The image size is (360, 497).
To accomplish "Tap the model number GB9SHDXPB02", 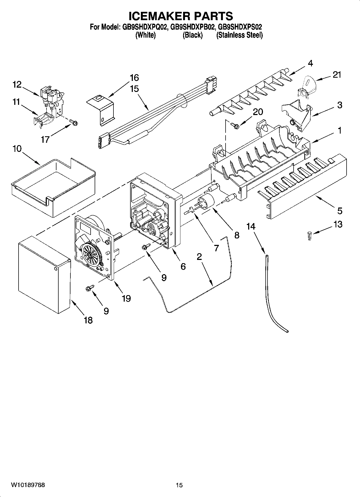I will (x=193, y=27).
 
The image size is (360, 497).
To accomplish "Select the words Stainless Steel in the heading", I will (x=239, y=35).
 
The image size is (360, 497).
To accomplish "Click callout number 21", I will (x=337, y=75).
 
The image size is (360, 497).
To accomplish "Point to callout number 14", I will (x=251, y=226).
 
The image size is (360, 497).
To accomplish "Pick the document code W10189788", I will (x=28, y=485).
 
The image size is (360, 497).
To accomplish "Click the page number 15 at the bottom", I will (x=179, y=485).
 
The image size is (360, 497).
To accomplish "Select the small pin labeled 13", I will (x=309, y=236).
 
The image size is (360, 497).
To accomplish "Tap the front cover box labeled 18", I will (x=43, y=277).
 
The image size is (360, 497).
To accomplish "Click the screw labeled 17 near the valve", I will (x=73, y=123).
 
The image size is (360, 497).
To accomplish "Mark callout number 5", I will (x=340, y=210).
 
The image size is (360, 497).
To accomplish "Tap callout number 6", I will (x=183, y=266).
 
